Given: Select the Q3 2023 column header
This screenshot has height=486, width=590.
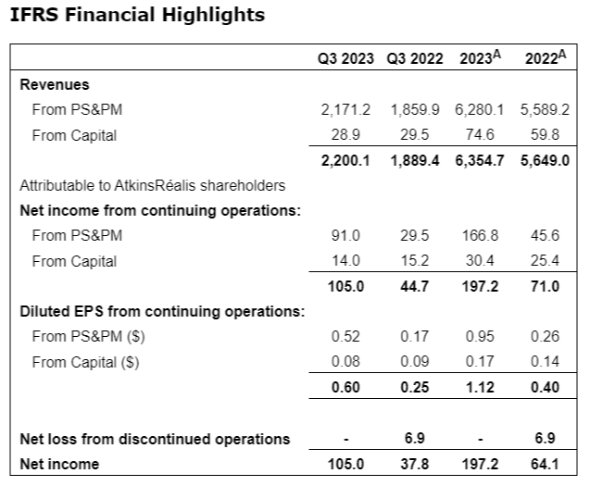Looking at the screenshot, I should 345,58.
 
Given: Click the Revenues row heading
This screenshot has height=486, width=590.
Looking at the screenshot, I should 55,85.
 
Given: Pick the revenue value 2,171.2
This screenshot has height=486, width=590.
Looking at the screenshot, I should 345,110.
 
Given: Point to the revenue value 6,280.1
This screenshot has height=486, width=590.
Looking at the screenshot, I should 479,110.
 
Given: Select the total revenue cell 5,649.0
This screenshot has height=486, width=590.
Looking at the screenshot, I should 540,160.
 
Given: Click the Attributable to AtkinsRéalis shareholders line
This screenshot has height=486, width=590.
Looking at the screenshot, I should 153,185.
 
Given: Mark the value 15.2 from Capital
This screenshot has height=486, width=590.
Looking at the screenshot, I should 420,261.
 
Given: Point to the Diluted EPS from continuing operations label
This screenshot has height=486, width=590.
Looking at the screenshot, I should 162,311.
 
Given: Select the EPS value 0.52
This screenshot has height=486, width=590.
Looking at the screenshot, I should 350,337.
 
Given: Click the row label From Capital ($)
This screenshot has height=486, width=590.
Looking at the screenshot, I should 85,362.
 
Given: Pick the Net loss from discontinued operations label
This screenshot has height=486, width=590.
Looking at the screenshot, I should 155,438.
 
